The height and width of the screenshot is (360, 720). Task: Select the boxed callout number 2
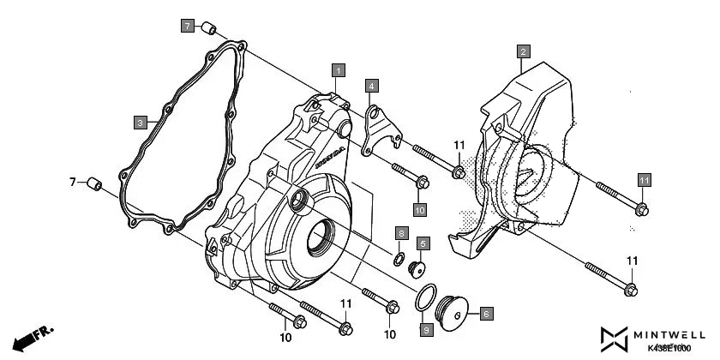pos(522,51)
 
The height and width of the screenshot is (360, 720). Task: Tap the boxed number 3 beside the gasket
pos(140,123)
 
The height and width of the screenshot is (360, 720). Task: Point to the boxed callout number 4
pos(371,86)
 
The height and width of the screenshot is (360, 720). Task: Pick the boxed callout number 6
pos(484,315)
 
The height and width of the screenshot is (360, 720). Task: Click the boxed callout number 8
pos(400,233)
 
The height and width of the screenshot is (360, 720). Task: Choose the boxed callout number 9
pos(425,329)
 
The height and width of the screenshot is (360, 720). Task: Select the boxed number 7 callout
pos(188,26)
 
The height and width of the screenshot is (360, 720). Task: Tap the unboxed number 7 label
pos(73,182)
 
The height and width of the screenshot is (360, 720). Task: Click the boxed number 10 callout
pos(420,208)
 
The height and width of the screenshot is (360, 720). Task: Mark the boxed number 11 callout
pos(644,179)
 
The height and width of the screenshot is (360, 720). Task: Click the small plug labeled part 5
pos(419,269)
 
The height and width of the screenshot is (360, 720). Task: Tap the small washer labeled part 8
pos(400,258)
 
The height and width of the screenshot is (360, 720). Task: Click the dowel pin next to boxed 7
pos(208,31)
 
